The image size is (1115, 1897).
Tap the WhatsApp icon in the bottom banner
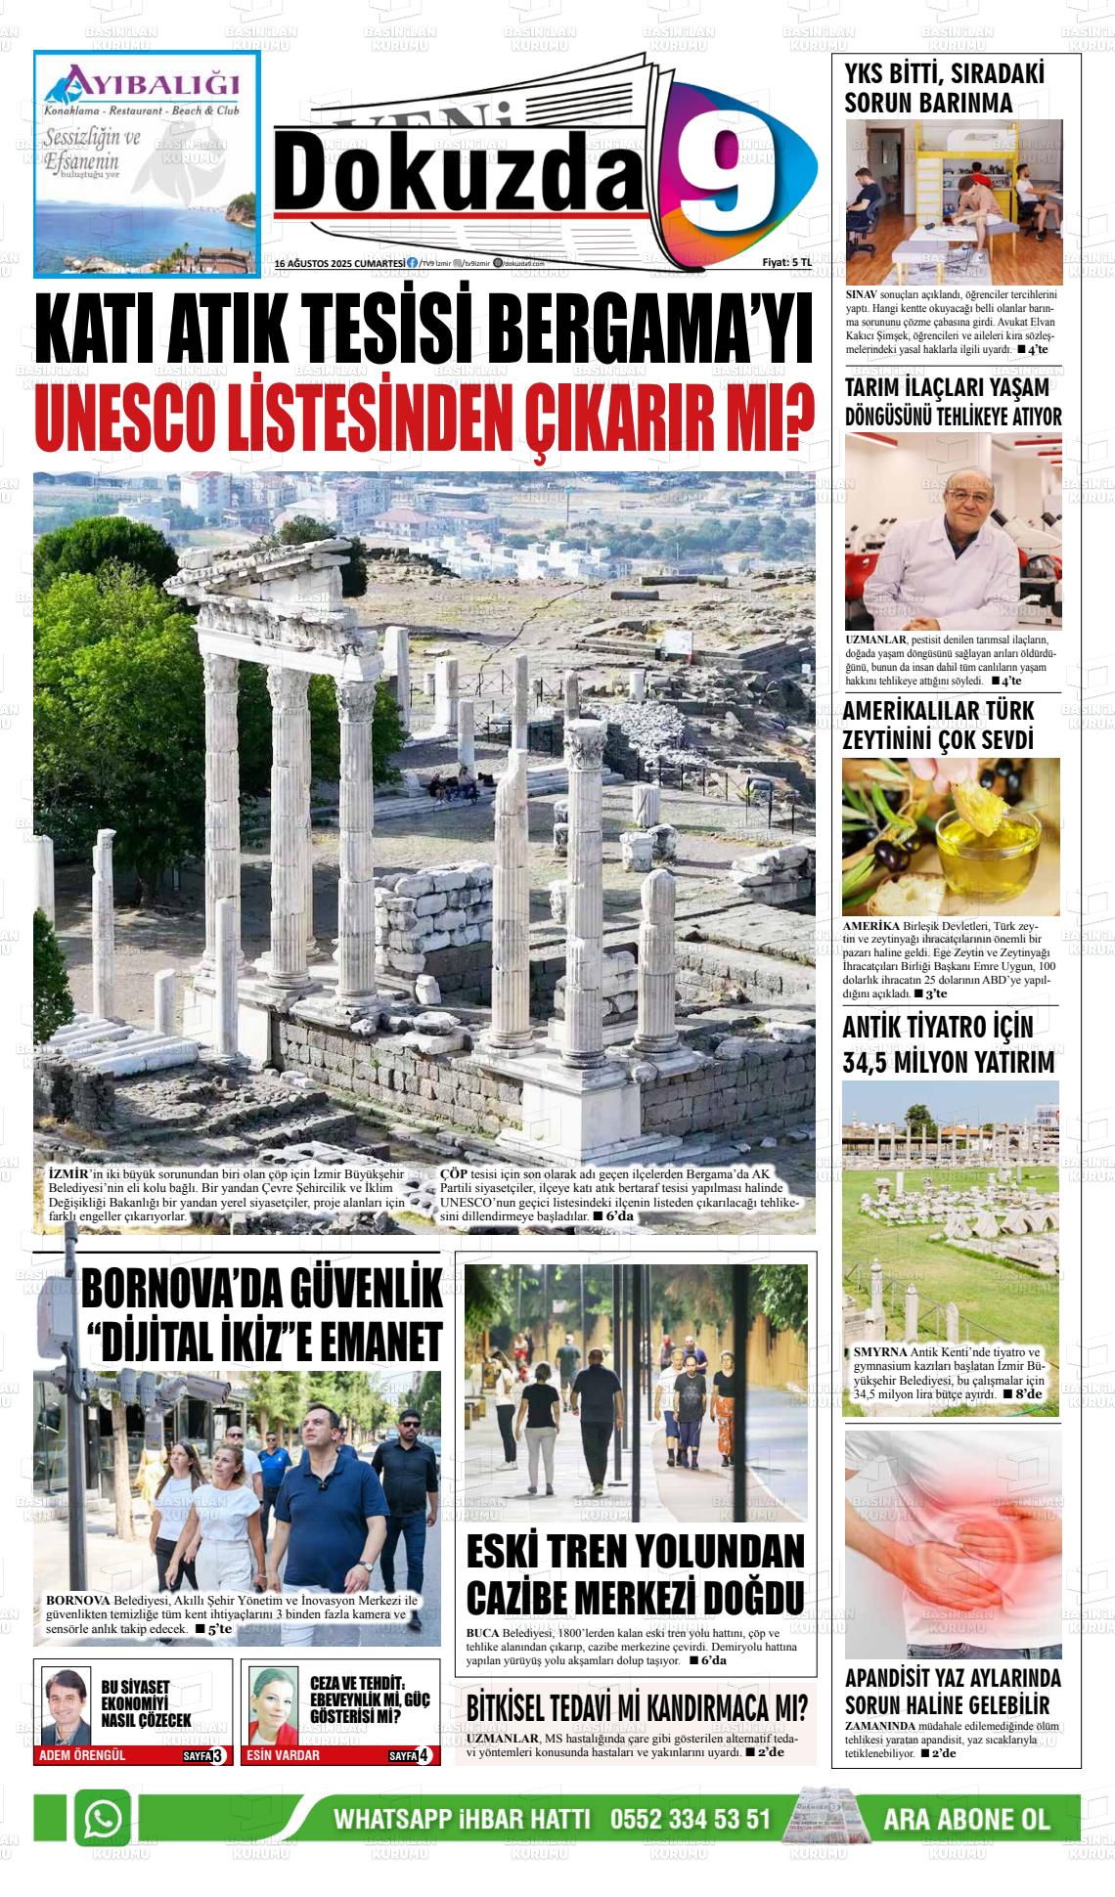pyautogui.click(x=103, y=1819)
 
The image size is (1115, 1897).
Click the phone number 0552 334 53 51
pyautogui.click(x=691, y=1820)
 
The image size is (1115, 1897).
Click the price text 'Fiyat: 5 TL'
pyautogui.click(x=786, y=263)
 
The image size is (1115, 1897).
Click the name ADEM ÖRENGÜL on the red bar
pyautogui.click(x=82, y=1755)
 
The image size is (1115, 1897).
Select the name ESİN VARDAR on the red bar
pyautogui.click(x=284, y=1755)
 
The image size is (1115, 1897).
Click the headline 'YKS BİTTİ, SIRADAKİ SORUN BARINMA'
pyautogui.click(x=929, y=88)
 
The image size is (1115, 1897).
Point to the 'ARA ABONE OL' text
pyautogui.click(x=965, y=1820)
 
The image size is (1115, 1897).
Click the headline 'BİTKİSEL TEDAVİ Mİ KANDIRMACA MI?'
pyautogui.click(x=637, y=1708)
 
